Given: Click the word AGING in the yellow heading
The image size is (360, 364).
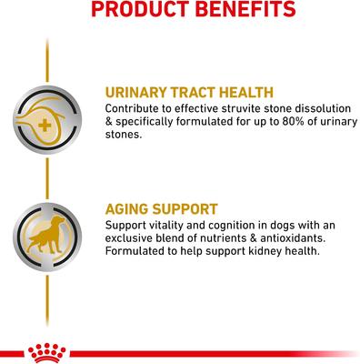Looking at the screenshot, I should (131, 208).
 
